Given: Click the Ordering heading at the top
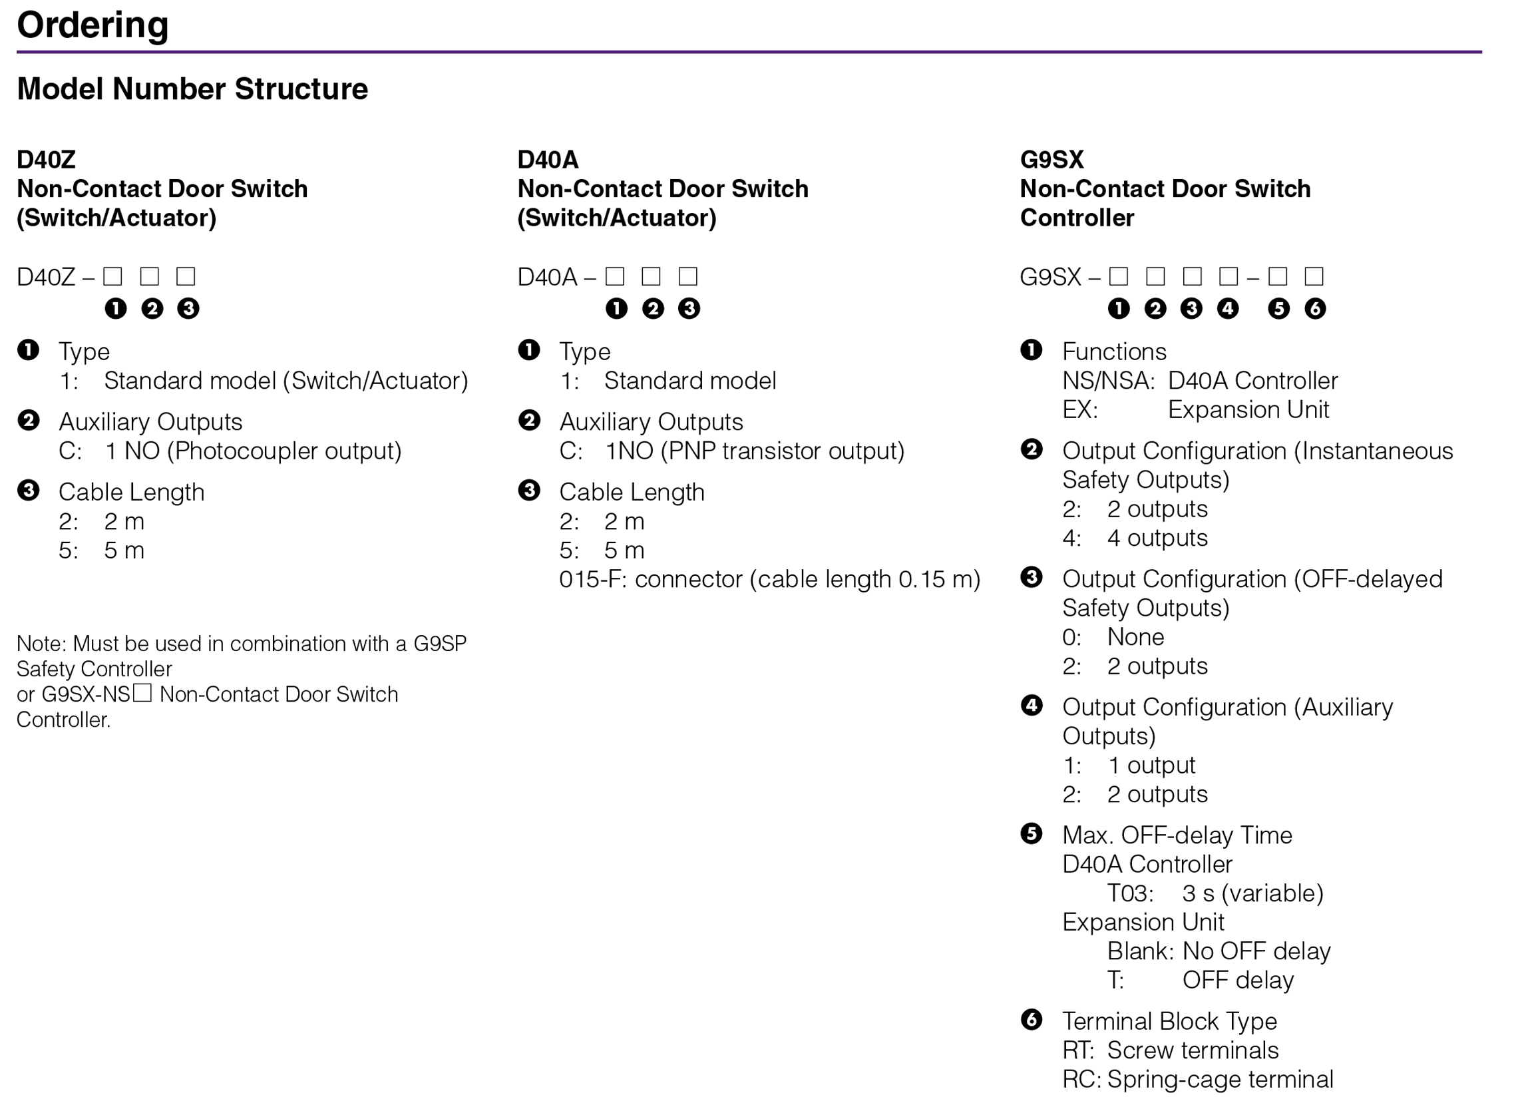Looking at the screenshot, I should pyautogui.click(x=92, y=26).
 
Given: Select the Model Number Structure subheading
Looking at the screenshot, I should pyautogui.click(x=192, y=89).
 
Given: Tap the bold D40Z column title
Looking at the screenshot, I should pyautogui.click(x=46, y=160).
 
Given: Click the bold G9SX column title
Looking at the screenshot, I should pyautogui.click(x=1051, y=160).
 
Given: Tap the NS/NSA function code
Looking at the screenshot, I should pyautogui.click(x=1108, y=381).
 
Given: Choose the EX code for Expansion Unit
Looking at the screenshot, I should pyautogui.click(x=1079, y=411).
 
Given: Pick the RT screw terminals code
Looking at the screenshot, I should pyautogui.click(x=1077, y=1051).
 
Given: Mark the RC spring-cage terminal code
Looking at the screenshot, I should pyautogui.click(x=1079, y=1080).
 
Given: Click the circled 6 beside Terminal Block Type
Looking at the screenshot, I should pyautogui.click(x=1032, y=1020).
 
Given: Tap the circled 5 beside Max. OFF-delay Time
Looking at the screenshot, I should pyautogui.click(x=1032, y=835).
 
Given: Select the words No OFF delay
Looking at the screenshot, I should pyautogui.click(x=1256, y=953).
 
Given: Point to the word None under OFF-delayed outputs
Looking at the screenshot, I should pyautogui.click(x=1135, y=638).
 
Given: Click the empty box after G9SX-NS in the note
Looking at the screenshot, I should pyautogui.click(x=142, y=694).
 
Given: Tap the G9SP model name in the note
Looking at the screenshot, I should pyautogui.click(x=439, y=644).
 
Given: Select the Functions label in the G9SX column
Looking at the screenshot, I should pyautogui.click(x=1114, y=352).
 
